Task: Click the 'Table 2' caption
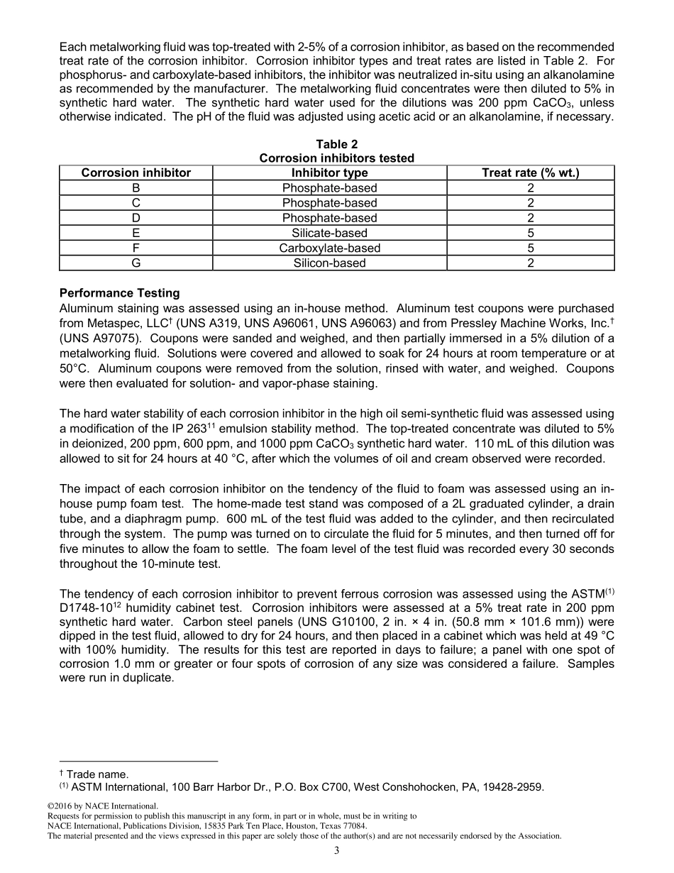point(337,145)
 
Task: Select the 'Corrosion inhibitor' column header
point(136,173)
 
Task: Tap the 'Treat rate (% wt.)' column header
point(530,173)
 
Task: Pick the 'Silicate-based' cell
point(329,233)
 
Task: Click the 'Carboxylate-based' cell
point(329,248)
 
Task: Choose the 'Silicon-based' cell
point(329,263)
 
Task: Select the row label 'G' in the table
point(136,263)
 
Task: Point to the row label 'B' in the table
point(136,188)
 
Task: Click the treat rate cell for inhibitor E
point(530,233)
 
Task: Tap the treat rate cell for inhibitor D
point(530,218)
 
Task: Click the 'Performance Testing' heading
point(119,293)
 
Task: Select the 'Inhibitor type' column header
point(329,173)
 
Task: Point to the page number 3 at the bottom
point(337,851)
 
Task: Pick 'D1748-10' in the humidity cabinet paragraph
point(83,608)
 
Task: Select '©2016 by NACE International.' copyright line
point(102,806)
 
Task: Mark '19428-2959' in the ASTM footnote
point(516,786)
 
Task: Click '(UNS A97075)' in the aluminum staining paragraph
point(99,339)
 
